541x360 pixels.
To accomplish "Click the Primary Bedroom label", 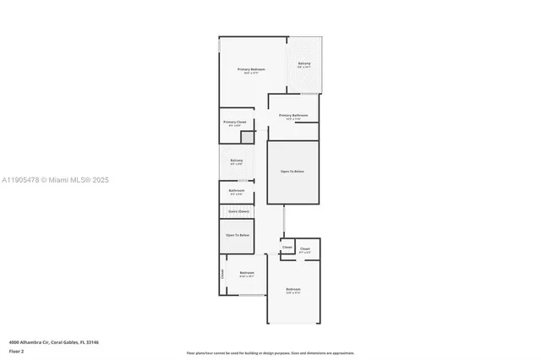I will click(251, 69).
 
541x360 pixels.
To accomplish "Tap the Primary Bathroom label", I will click(293, 116).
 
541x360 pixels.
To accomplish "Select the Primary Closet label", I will click(235, 123).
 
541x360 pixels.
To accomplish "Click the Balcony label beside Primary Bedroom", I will click(303, 64).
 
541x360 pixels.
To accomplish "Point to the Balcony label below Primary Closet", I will click(237, 161).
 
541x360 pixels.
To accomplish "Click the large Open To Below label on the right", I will click(292, 172).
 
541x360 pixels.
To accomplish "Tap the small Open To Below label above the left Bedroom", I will click(237, 235).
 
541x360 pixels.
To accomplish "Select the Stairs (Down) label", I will click(238, 211).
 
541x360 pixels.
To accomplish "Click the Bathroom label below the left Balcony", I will click(237, 191).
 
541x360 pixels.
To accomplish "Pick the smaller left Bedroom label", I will click(247, 273).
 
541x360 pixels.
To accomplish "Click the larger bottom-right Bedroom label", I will click(293, 290).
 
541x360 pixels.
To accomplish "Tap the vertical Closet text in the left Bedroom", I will click(222, 273).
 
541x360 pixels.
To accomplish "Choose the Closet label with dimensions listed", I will click(304, 249).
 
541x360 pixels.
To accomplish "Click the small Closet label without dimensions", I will click(287, 248).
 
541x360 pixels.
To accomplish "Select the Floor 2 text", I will click(16, 351).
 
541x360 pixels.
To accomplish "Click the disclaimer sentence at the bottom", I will click(270, 353).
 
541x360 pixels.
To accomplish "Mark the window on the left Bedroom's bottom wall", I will click(250, 296).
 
